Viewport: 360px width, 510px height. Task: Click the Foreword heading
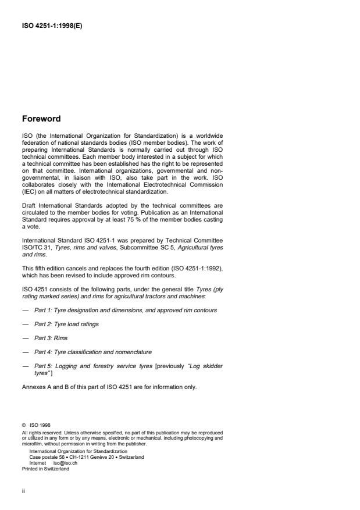click(41, 119)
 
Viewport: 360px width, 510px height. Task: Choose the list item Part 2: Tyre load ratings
click(66, 323)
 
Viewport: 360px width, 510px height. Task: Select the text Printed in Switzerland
click(45, 469)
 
